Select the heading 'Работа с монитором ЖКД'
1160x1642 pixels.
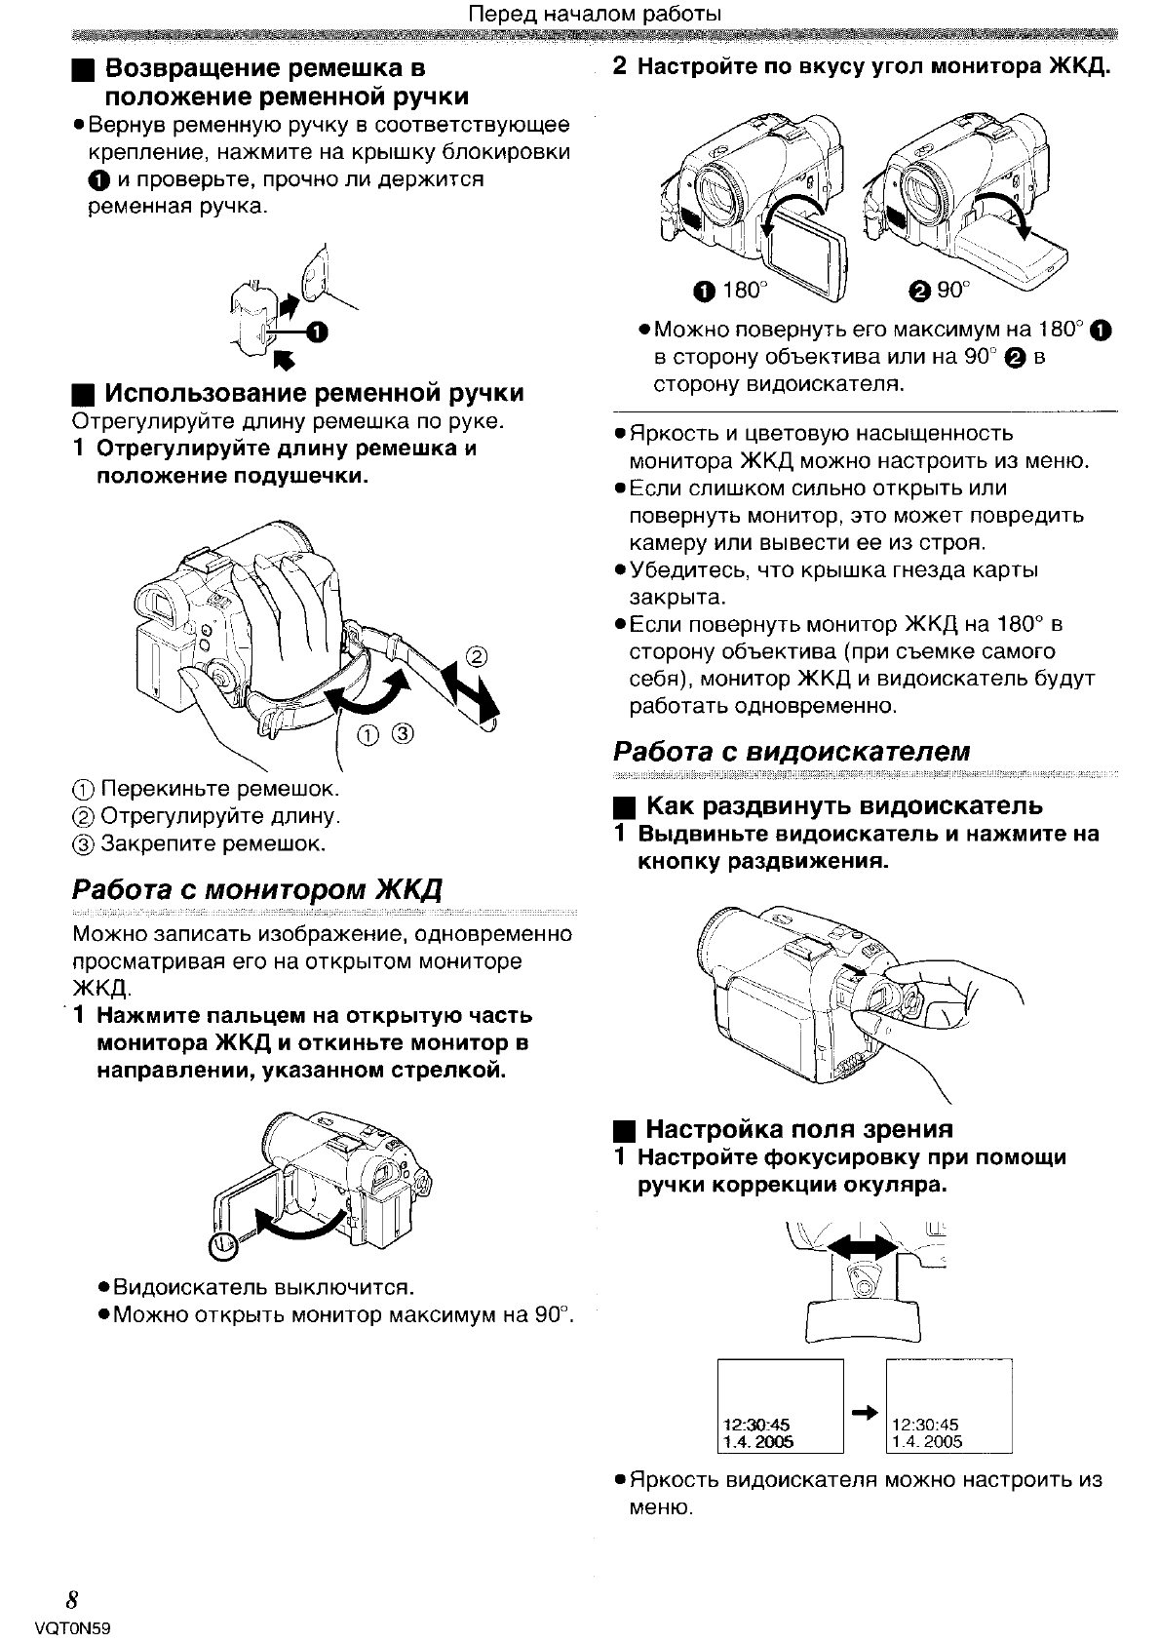[257, 890]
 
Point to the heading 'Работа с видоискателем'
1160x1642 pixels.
[792, 751]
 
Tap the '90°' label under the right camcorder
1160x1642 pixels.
[952, 290]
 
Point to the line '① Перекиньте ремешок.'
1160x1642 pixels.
[207, 787]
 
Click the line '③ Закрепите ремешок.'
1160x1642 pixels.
[199, 842]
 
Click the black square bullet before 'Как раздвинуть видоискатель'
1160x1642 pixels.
[625, 807]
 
